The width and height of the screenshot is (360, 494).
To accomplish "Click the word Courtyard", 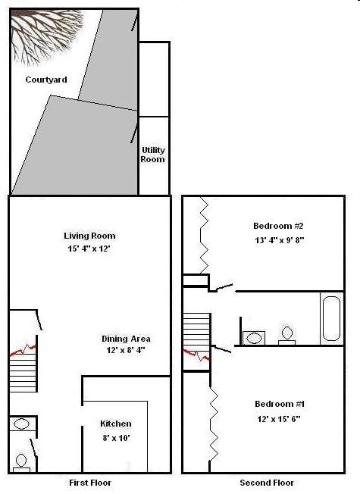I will pyautogui.click(x=46, y=80).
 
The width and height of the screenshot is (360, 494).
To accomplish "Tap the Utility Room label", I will pyautogui.click(x=153, y=155).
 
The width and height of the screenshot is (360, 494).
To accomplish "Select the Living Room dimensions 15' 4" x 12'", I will pyautogui.click(x=89, y=248).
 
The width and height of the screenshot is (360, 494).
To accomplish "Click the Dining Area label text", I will pyautogui.click(x=126, y=339).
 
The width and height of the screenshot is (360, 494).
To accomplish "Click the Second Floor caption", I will pyautogui.click(x=266, y=483).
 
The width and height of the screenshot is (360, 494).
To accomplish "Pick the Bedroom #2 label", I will pyautogui.click(x=278, y=226).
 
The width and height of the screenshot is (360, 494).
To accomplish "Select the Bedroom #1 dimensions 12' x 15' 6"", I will pyautogui.click(x=280, y=417).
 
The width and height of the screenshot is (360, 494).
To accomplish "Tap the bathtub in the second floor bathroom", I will pyautogui.click(x=332, y=319).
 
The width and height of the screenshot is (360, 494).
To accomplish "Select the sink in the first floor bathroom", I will pyautogui.click(x=20, y=424).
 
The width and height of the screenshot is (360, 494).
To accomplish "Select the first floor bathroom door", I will pyautogui.click(x=30, y=448).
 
